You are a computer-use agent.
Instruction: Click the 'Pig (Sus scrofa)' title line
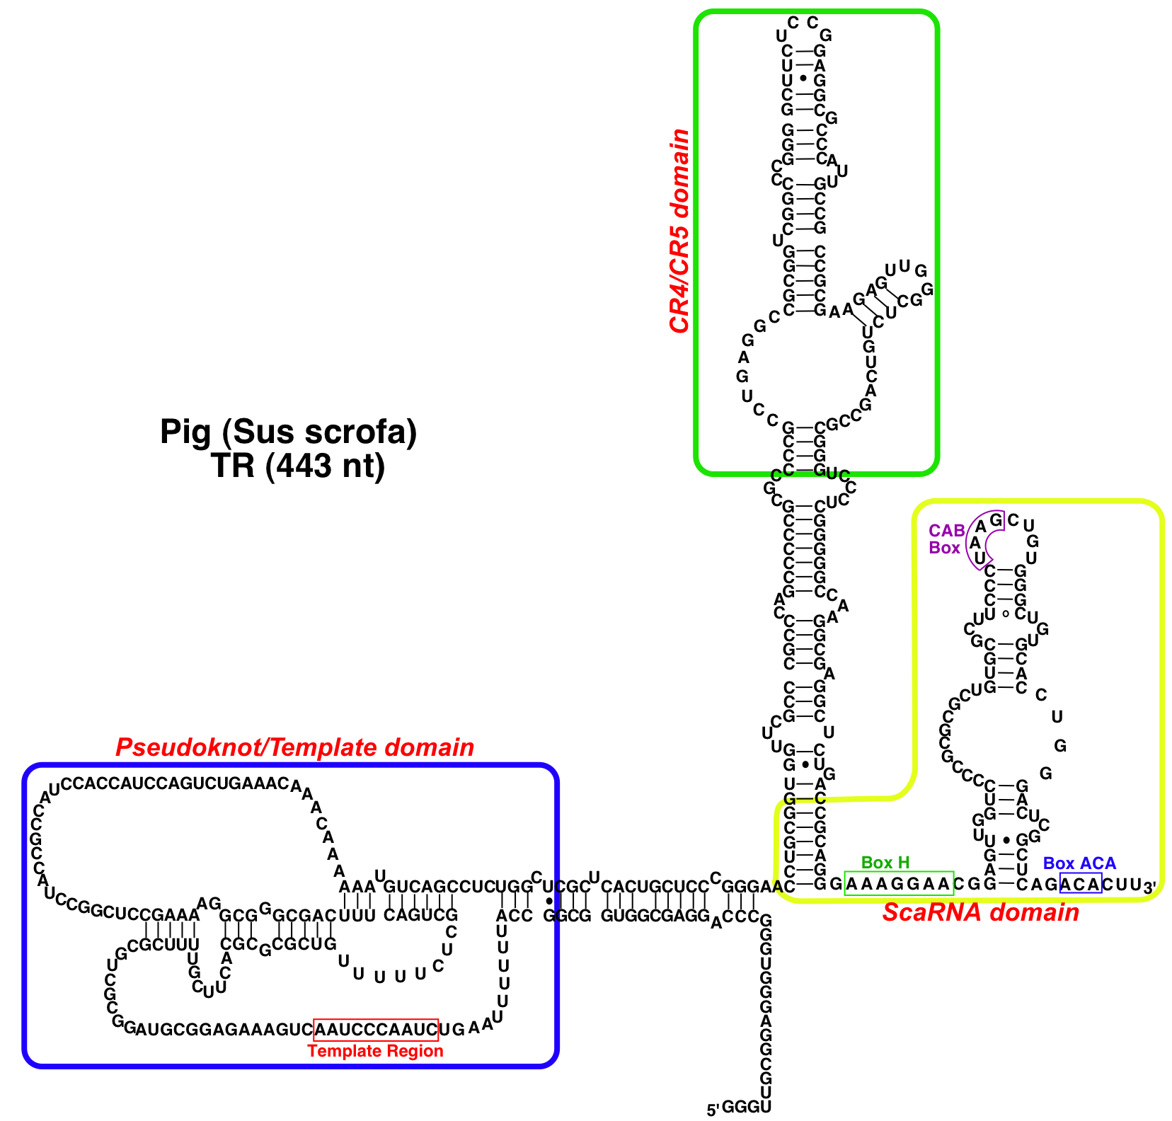pyautogui.click(x=288, y=432)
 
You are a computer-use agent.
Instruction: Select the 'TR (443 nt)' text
pyautogui.click(x=297, y=466)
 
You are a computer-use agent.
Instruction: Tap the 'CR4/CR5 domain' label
pyautogui.click(x=679, y=231)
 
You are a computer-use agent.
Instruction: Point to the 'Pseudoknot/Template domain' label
pyautogui.click(x=294, y=747)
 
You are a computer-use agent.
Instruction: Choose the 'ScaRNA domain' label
pyautogui.click(x=980, y=912)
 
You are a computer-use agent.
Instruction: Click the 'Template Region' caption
pyautogui.click(x=375, y=1051)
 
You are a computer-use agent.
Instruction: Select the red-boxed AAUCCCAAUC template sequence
pyautogui.click(x=376, y=1029)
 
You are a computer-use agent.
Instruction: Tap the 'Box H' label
pyautogui.click(x=885, y=863)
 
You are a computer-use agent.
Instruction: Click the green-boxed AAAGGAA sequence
pyautogui.click(x=899, y=883)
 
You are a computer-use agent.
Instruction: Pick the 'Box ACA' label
pyautogui.click(x=1079, y=863)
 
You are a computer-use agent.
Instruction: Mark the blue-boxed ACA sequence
pyautogui.click(x=1081, y=883)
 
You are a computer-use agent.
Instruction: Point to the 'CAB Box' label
pyautogui.click(x=946, y=539)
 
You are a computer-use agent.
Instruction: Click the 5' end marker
pyautogui.click(x=713, y=1110)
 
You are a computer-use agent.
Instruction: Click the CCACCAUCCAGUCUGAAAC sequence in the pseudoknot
pyautogui.click(x=176, y=783)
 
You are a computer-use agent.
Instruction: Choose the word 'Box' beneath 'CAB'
pyautogui.click(x=945, y=548)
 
